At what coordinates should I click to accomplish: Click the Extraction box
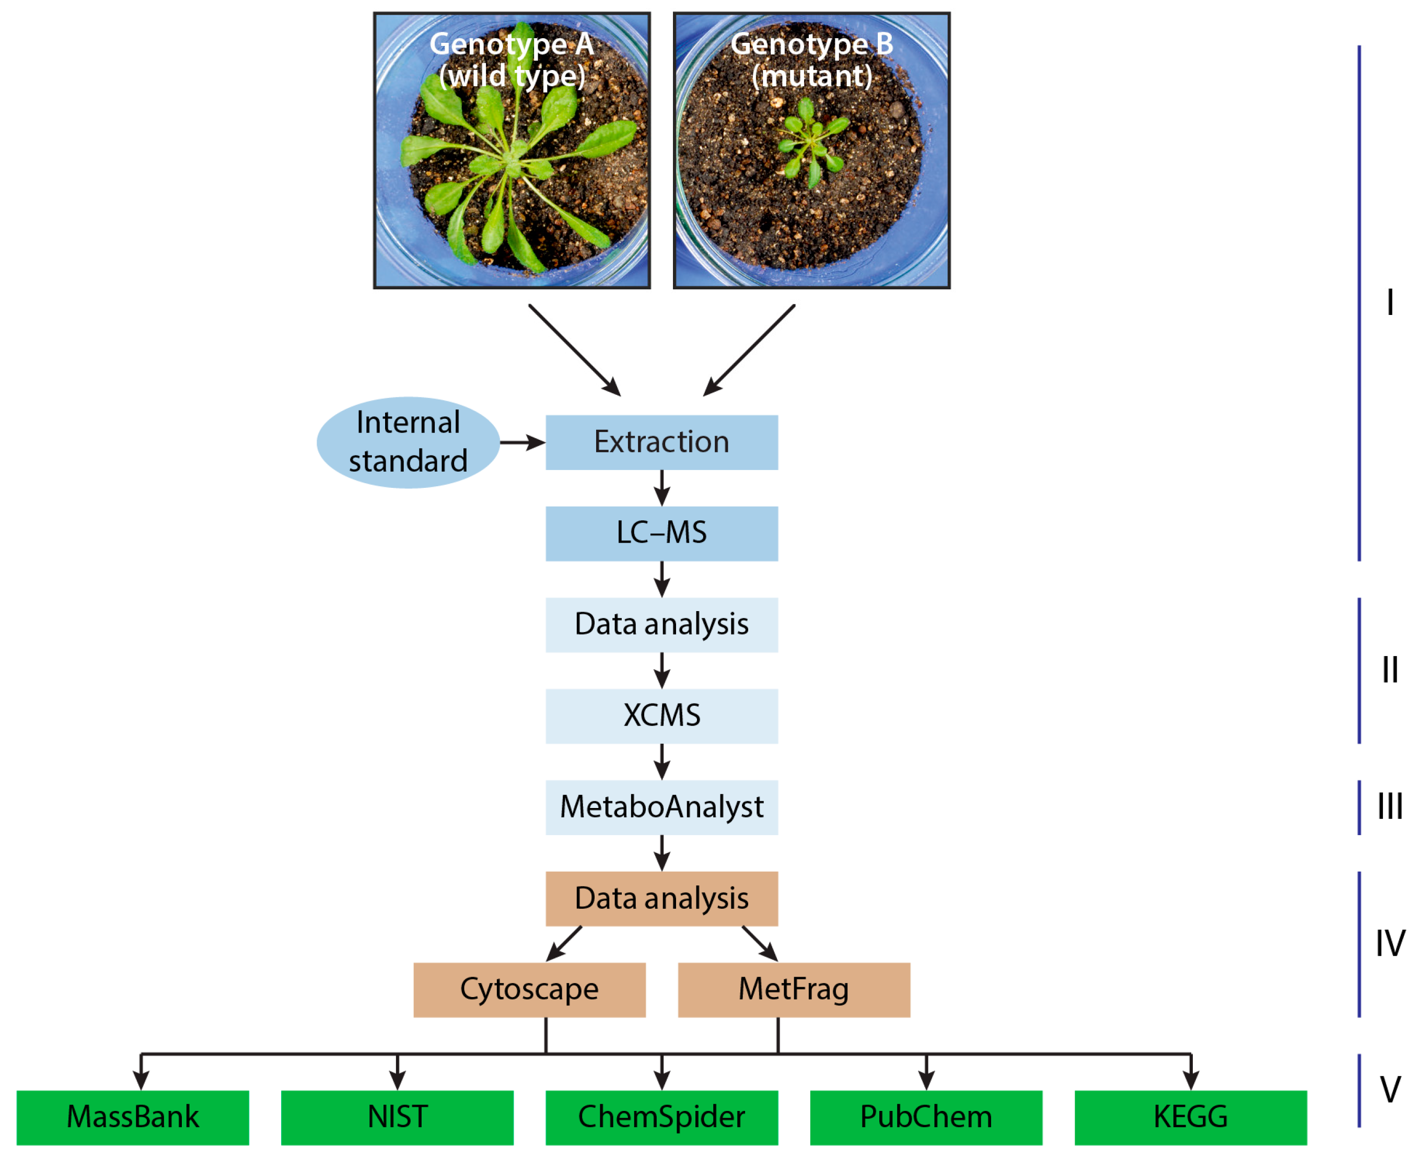pos(661,442)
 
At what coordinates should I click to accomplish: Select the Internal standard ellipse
pos(408,442)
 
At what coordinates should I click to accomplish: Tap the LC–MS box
pos(661,533)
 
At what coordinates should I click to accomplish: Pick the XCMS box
pos(661,716)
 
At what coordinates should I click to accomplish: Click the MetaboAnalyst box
pos(661,807)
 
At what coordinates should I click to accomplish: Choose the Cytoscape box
pos(529,989)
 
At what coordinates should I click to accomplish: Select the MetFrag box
pos(794,989)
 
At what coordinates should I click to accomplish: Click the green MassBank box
pos(132,1117)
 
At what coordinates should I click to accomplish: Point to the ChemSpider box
pos(661,1117)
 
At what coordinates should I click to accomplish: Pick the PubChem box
pos(926,1117)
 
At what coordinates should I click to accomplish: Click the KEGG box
pos(1190,1117)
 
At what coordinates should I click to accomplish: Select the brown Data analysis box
pos(661,898)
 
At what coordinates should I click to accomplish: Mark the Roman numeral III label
pos(1390,807)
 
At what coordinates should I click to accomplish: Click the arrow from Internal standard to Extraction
pos(522,442)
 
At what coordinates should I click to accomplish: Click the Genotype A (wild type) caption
pos(512,60)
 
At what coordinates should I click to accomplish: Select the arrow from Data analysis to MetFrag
pos(760,943)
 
